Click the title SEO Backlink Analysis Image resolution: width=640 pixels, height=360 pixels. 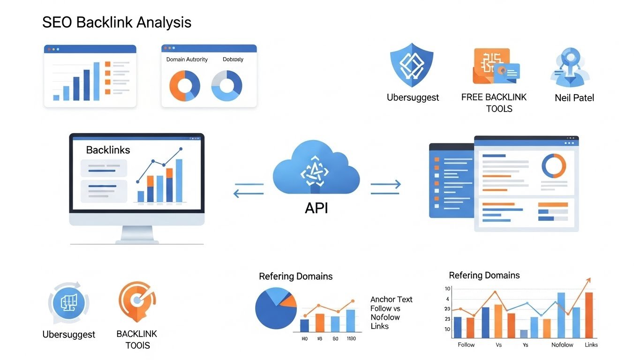pyautogui.click(x=117, y=22)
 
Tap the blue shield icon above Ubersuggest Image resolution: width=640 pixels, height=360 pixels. pyautogui.click(x=412, y=65)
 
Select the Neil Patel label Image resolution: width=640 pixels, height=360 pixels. pyautogui.click(x=574, y=97)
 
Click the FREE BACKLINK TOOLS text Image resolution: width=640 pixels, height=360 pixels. pyautogui.click(x=494, y=103)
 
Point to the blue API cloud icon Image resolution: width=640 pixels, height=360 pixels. pyautogui.click(x=316, y=169)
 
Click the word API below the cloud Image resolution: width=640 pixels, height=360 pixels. pyautogui.click(x=316, y=208)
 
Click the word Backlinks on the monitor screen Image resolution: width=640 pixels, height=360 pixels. pyautogui.click(x=108, y=150)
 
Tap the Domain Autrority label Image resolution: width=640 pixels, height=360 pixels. pyautogui.click(x=187, y=60)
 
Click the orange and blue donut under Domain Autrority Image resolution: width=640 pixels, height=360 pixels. pyautogui.click(x=184, y=86)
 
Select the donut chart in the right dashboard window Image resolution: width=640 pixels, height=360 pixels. pyautogui.click(x=553, y=165)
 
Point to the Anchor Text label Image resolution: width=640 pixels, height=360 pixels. pyautogui.click(x=391, y=299)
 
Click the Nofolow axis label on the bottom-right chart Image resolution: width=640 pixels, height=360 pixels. pyautogui.click(x=562, y=345)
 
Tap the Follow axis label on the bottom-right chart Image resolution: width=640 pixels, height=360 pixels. pyautogui.click(x=466, y=345)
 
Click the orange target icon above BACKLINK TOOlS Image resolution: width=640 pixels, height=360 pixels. pyautogui.click(x=136, y=301)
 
